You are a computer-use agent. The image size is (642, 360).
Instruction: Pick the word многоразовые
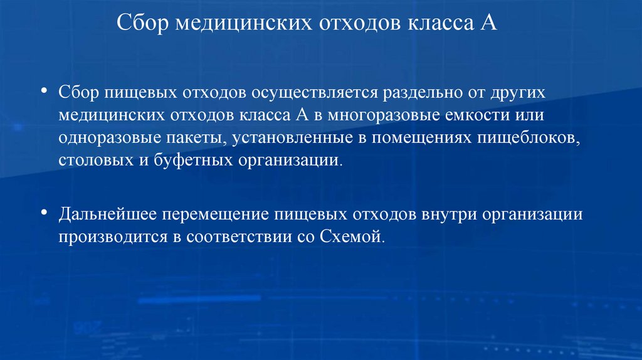tap(372, 115)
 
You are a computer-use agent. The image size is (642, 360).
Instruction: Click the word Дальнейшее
tap(108, 214)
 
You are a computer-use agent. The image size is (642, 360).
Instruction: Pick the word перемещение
tap(218, 214)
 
